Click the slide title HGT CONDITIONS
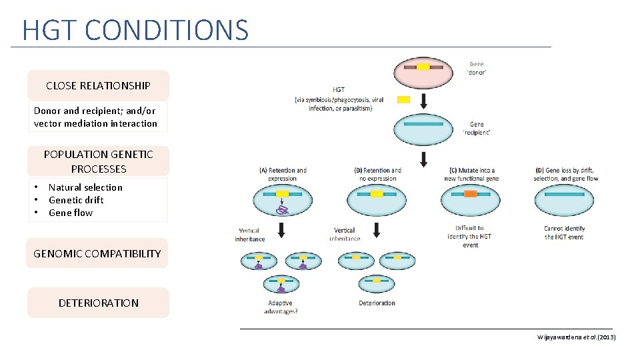(135, 30)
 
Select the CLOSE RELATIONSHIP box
(98, 85)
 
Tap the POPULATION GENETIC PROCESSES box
(98, 161)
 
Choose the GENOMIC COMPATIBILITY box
(97, 253)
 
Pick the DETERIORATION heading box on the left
(98, 303)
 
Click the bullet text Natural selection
(85, 187)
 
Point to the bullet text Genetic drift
(76, 200)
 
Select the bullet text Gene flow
(71, 213)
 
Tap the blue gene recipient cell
(423, 129)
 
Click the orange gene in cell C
(471, 194)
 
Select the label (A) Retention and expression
(283, 174)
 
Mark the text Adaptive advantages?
(281, 307)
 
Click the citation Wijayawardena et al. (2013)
(577, 337)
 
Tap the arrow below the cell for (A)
(282, 230)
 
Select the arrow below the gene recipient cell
(423, 160)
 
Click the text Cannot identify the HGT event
(564, 232)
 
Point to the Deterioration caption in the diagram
(377, 303)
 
